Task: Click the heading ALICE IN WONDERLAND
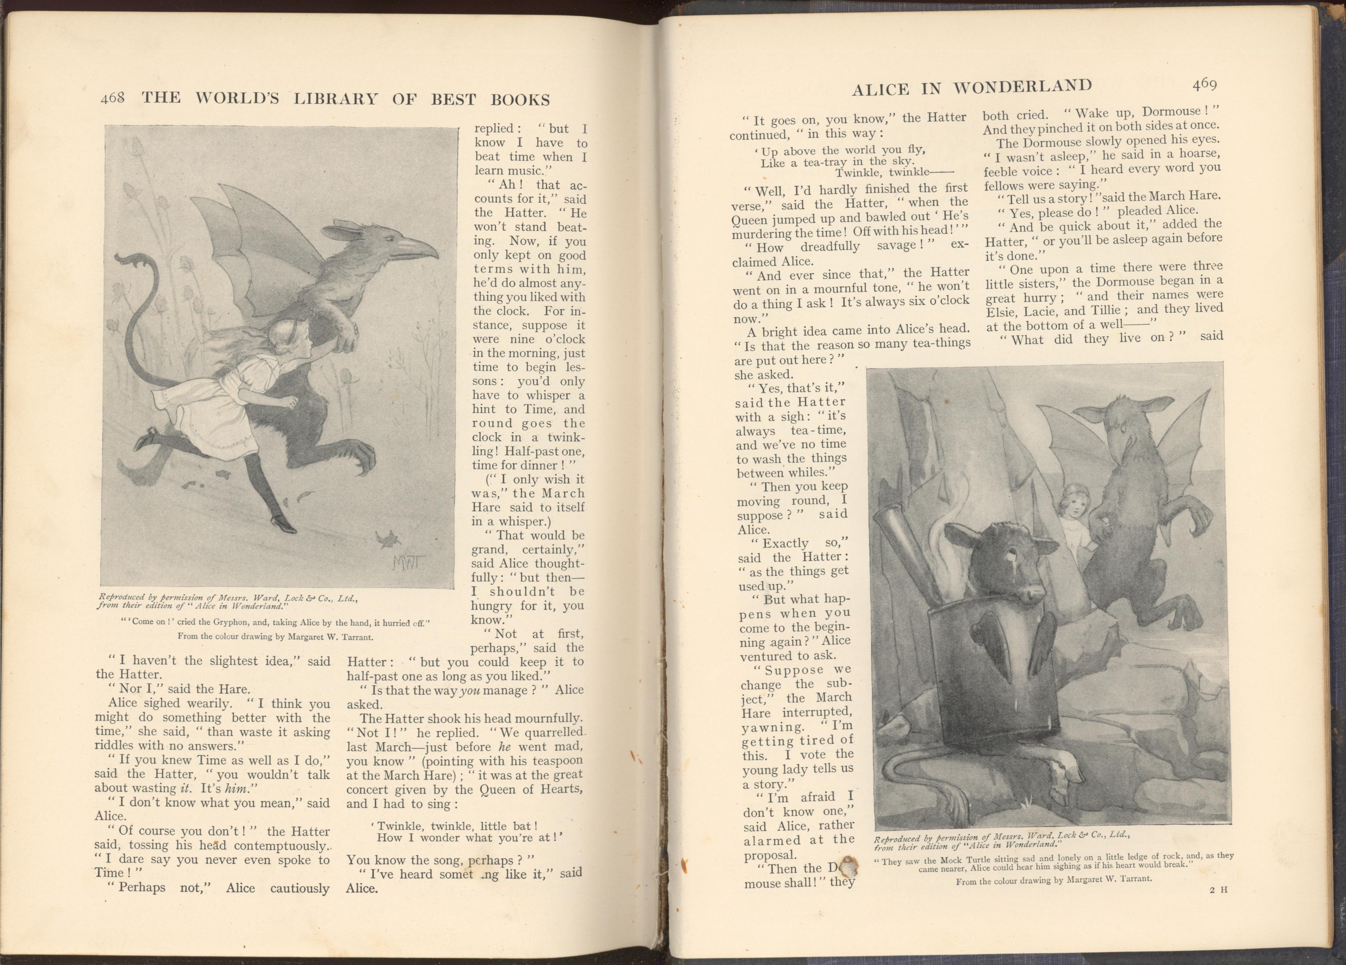pyautogui.click(x=972, y=88)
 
